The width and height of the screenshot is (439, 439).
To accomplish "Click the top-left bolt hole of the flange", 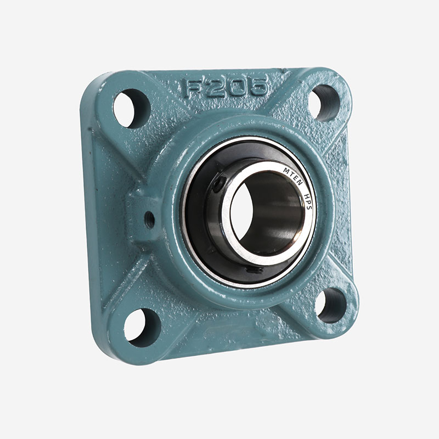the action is pos(132,108).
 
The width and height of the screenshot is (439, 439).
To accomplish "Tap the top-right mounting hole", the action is pos(324,103).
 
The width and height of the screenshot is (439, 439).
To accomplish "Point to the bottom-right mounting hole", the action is pos(331,306).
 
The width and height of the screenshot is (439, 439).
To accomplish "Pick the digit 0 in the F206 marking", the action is pos(235,86).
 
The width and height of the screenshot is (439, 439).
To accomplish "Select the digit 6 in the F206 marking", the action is pos(257,86).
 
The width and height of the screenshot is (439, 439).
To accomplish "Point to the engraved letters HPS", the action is pos(308,201).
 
